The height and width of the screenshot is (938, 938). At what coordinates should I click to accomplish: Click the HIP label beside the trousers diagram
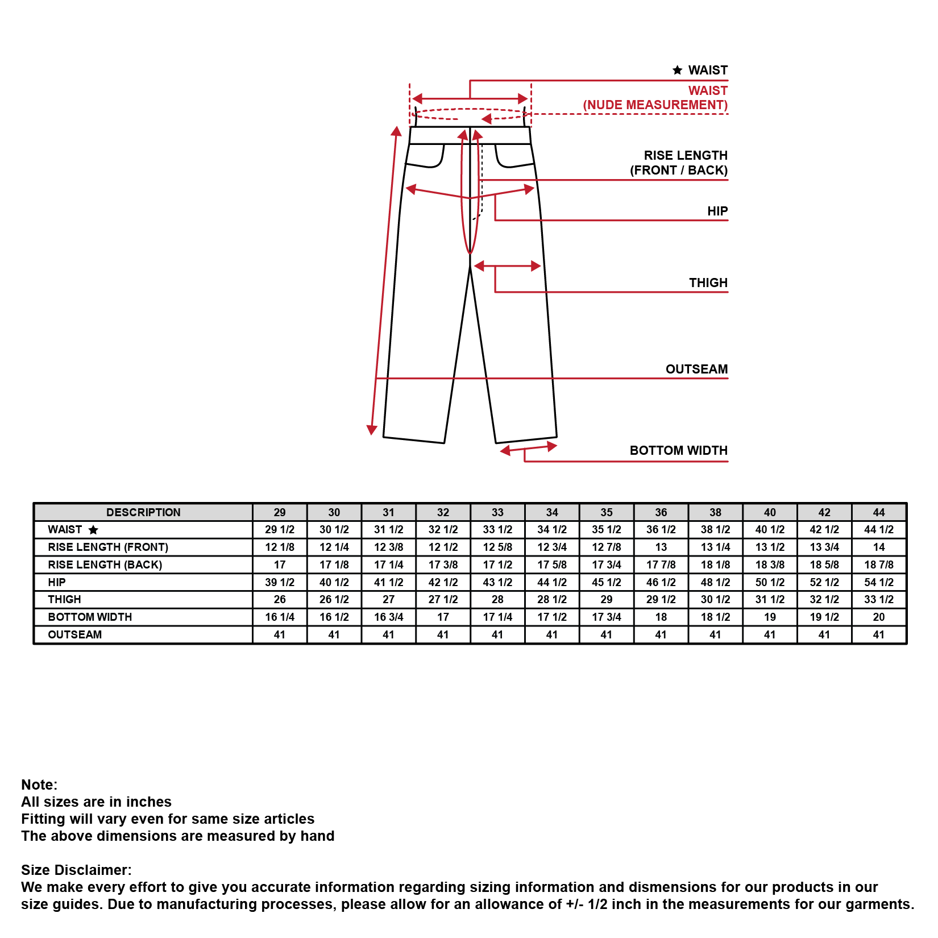tap(717, 211)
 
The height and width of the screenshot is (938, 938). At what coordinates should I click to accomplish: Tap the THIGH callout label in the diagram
tap(708, 283)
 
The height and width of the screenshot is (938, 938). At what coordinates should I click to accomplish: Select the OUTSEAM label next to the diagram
tap(696, 369)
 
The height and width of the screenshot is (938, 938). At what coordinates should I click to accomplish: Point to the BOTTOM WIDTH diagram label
tap(678, 450)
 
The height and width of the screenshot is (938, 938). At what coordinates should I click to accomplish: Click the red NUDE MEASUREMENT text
tap(655, 105)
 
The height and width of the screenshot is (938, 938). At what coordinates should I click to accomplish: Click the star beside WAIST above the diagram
tap(677, 70)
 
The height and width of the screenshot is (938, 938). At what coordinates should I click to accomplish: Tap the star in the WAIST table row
tap(93, 530)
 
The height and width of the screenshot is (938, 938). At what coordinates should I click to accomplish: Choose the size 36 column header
tap(661, 512)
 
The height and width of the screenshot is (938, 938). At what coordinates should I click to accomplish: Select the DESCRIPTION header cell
tap(143, 512)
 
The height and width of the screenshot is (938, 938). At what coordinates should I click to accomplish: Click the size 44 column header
tap(878, 512)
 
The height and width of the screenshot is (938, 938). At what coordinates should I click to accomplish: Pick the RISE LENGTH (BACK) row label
tap(105, 565)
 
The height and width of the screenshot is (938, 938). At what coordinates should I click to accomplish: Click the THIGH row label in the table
tap(64, 599)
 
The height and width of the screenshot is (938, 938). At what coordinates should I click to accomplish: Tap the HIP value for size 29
tap(280, 582)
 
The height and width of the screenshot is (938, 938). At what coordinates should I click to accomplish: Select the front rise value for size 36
tap(661, 547)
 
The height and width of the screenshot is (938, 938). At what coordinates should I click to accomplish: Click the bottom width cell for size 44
tap(878, 617)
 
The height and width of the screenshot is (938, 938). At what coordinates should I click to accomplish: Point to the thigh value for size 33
tap(497, 599)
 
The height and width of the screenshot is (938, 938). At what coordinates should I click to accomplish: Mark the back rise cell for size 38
tap(715, 565)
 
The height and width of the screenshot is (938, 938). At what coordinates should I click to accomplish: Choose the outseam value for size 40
tap(770, 634)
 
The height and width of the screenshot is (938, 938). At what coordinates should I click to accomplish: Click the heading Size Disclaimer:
tap(76, 870)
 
